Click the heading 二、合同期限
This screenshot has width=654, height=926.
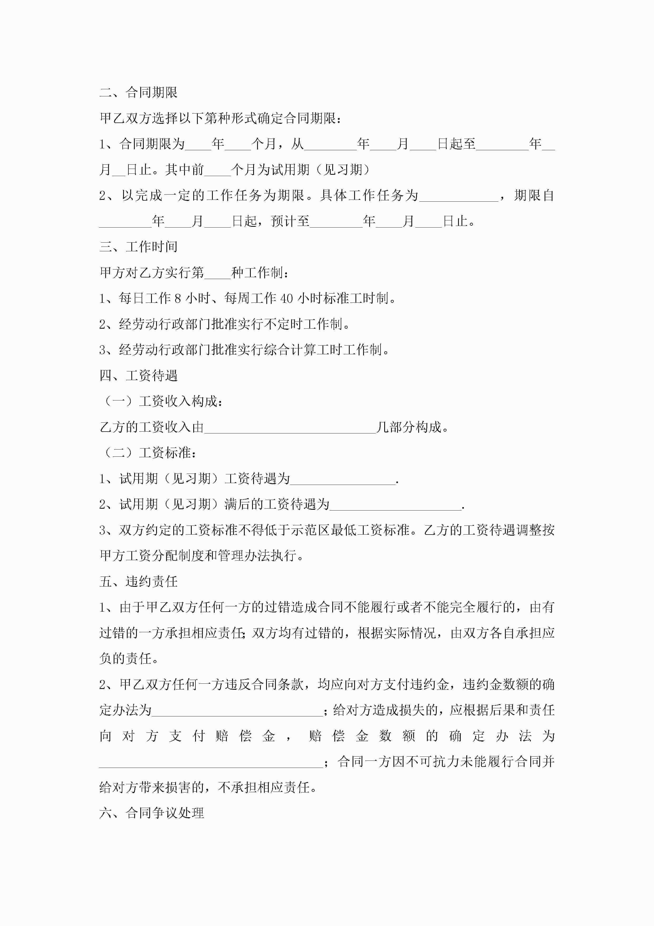[138, 92]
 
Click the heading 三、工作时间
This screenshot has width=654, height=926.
[138, 247]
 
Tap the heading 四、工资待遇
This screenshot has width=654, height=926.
[138, 375]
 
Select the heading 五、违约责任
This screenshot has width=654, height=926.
[138, 581]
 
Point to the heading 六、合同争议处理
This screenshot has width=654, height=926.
[152, 813]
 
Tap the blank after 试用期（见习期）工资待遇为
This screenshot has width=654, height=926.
[343, 479]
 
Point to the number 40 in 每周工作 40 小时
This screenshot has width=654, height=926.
[286, 299]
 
